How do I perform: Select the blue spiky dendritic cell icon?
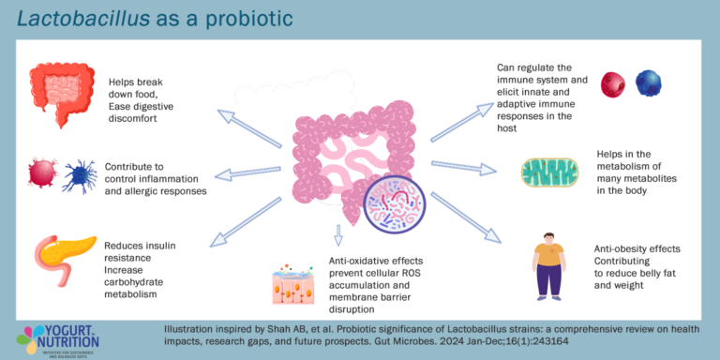79,175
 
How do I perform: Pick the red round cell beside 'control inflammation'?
43,174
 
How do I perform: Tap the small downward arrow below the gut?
338,235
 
